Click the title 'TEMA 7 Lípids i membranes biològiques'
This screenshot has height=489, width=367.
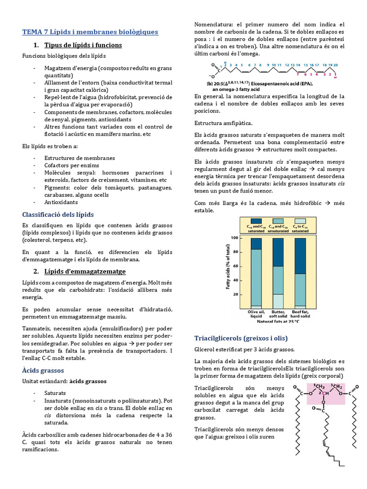[90, 32]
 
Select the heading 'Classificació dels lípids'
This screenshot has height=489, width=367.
[58, 214]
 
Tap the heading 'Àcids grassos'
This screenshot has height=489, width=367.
[43, 370]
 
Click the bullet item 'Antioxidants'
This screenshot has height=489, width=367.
[61, 202]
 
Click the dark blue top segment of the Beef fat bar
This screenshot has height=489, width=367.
[300, 255]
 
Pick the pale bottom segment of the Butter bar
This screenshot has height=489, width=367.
[278, 300]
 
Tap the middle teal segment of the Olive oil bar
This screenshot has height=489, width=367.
[256, 277]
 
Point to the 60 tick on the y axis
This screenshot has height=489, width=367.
[235, 266]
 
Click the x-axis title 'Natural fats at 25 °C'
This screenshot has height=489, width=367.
[277, 321]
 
